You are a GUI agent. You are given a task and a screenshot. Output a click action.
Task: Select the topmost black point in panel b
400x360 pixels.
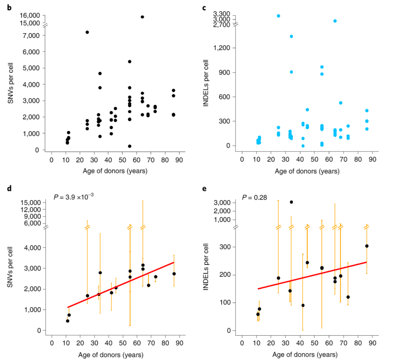(142, 17)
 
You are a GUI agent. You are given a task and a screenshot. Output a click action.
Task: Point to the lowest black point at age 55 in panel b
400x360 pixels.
(130, 146)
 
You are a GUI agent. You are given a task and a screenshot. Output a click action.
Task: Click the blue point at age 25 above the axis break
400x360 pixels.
(278, 16)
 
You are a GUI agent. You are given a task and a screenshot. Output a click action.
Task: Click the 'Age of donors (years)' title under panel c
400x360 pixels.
(307, 171)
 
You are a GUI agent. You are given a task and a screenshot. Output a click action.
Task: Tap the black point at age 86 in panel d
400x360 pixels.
(174, 274)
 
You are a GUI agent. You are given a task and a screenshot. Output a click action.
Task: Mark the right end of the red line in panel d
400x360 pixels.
(174, 262)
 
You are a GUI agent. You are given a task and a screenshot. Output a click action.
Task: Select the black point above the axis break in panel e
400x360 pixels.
(291, 202)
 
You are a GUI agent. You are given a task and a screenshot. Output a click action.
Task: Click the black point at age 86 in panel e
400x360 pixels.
(367, 246)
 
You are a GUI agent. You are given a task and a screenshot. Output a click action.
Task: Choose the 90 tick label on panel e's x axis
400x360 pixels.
(373, 343)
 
